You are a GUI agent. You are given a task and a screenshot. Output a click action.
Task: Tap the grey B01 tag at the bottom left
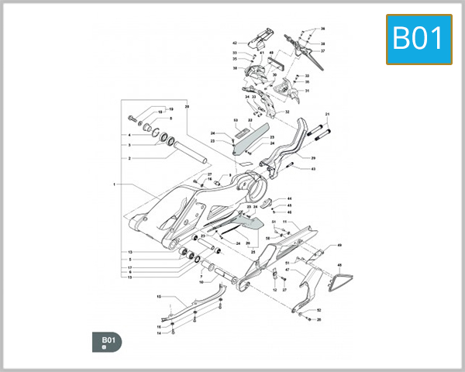[106, 341]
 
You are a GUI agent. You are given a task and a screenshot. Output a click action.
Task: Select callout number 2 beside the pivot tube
[129, 158]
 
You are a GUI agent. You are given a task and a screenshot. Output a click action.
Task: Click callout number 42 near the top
[235, 43]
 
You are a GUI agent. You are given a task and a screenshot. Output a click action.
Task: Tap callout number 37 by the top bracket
[323, 51]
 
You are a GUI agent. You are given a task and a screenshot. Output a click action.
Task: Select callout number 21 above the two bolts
[328, 115]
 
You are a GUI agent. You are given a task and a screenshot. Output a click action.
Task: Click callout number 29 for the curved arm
[313, 158]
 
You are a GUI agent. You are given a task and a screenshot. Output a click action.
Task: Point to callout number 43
[313, 169]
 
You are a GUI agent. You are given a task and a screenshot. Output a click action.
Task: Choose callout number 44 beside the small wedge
[289, 198]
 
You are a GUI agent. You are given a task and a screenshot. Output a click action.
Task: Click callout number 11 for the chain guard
[285, 222]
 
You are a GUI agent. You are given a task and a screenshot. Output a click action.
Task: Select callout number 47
[286, 270]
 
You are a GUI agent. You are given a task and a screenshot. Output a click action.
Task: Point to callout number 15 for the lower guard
[158, 297]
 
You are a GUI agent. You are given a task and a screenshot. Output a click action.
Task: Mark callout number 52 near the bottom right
[319, 311]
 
